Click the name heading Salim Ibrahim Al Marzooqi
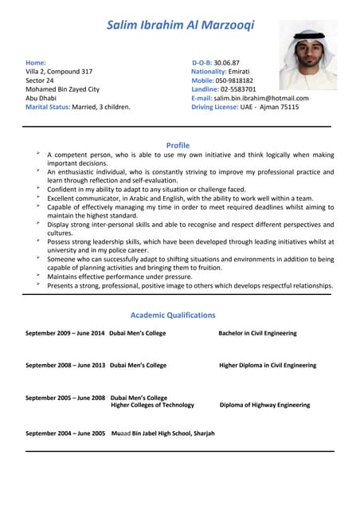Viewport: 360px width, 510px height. [x=180, y=25]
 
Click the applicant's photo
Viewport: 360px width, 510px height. [x=307, y=55]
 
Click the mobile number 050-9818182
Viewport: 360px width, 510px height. [x=235, y=80]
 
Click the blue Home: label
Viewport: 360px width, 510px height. [x=36, y=62]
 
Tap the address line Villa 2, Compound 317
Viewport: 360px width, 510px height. [x=59, y=72]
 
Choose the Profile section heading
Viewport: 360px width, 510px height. [x=178, y=145]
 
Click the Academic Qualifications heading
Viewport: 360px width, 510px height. [x=173, y=315]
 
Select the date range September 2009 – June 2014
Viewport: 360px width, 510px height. [x=65, y=333]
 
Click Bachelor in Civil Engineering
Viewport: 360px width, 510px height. [x=257, y=333]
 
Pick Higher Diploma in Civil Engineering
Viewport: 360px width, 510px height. [x=268, y=365]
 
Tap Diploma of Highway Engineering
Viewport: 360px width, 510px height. [x=264, y=405]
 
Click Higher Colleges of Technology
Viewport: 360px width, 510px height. [x=152, y=405]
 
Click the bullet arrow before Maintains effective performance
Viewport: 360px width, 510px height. [x=37, y=276]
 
